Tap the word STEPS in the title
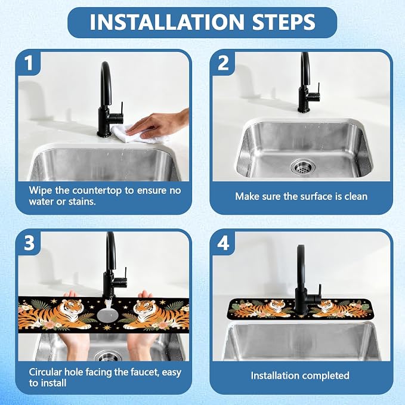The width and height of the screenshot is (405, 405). point(283,21)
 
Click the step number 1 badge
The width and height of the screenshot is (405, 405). point(29,63)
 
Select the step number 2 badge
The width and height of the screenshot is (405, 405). point(223,63)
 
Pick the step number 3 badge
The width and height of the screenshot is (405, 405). point(29,243)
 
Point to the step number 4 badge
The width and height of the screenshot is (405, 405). point(223,243)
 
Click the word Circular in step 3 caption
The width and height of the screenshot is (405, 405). point(45,372)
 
